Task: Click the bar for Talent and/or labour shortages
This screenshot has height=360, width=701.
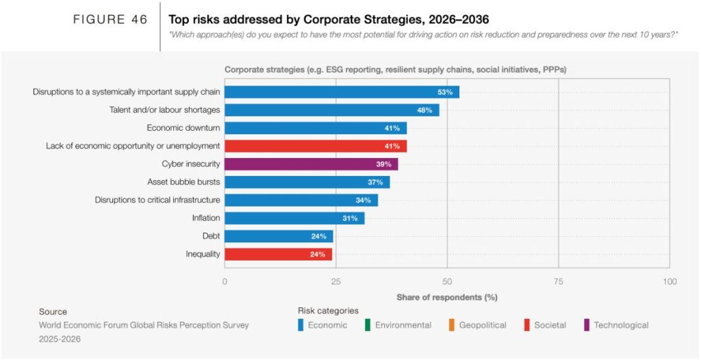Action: tap(332, 110)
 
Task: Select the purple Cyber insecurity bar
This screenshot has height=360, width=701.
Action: tap(311, 164)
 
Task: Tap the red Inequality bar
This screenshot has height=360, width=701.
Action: tap(278, 255)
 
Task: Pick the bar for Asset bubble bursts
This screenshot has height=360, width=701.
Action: tap(307, 182)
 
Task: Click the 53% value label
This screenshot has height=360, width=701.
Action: tap(445, 92)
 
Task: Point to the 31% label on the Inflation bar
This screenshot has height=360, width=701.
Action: tap(350, 218)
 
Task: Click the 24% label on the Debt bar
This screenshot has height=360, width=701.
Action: tap(318, 237)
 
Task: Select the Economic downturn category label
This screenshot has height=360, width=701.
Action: tap(183, 128)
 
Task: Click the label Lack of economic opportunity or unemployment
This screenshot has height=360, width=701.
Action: tap(133, 146)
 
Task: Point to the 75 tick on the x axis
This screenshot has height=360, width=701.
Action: tap(558, 282)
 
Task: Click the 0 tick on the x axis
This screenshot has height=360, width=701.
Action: tap(225, 282)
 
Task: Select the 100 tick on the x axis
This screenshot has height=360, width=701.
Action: tap(670, 282)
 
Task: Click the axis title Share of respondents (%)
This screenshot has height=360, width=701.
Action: tap(446, 298)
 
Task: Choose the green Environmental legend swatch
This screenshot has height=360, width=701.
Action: tap(368, 325)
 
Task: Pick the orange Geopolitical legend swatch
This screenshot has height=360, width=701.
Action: tap(452, 325)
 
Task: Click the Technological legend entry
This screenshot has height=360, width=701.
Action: tap(620, 325)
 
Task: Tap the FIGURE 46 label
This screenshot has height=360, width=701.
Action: tap(110, 20)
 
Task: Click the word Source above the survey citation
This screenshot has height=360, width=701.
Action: tap(53, 311)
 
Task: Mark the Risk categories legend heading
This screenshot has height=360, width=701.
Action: tap(328, 311)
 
